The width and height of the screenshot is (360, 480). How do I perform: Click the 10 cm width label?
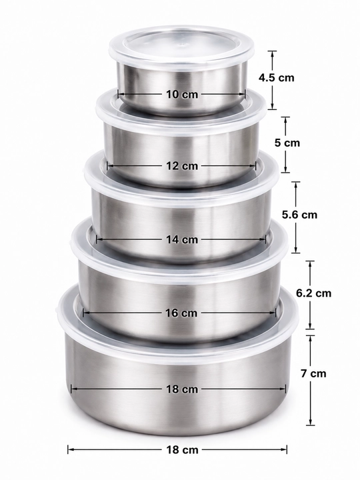182,94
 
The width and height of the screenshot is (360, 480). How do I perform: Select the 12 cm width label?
182,166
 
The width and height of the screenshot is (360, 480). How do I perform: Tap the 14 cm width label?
182,239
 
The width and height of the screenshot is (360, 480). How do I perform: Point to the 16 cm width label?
181,313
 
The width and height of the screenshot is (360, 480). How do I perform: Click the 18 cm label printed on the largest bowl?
182,389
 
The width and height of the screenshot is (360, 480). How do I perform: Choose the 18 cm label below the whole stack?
182,450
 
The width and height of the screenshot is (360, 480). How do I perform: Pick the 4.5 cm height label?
277,78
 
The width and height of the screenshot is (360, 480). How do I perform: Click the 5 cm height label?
287,143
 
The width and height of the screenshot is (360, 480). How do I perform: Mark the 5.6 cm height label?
300,215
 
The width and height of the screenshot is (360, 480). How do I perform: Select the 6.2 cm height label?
314,293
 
